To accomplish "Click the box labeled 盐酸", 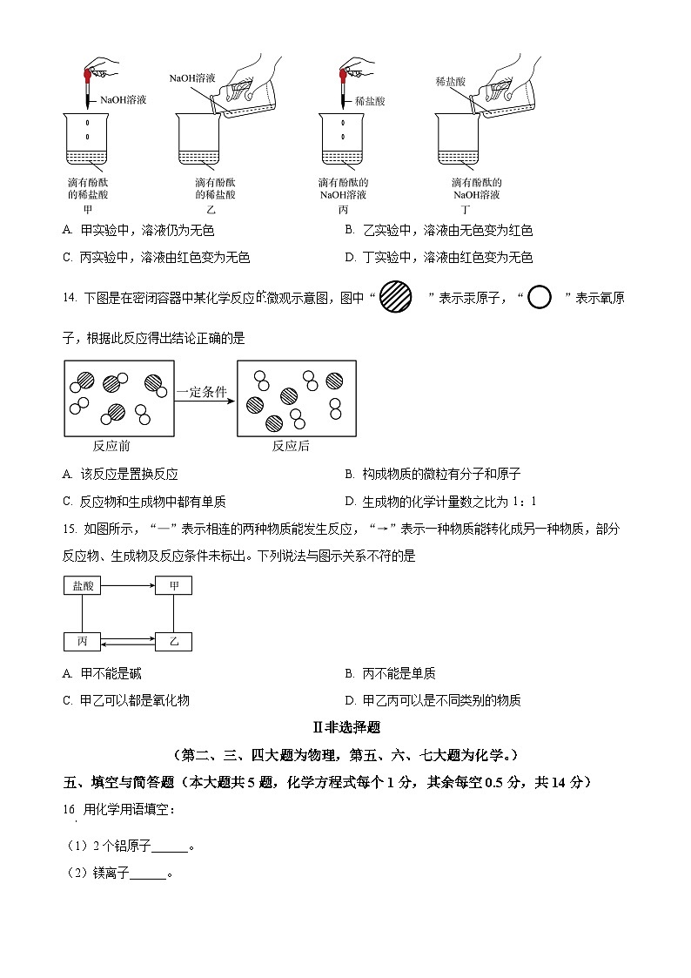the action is [84, 586].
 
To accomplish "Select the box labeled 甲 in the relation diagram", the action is [173, 586].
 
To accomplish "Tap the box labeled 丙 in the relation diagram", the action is [84, 642].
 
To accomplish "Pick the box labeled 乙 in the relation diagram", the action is [173, 642].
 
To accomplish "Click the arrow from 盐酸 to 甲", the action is [128, 586].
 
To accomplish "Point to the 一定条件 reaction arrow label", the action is [202, 393].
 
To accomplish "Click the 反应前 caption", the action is [111, 446].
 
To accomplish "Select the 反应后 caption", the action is [290, 446].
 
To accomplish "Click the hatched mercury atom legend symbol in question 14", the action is [396, 298].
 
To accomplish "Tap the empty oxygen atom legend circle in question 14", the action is [540, 298].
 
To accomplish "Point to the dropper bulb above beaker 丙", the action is [344, 68].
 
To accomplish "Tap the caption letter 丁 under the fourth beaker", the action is [466, 211].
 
